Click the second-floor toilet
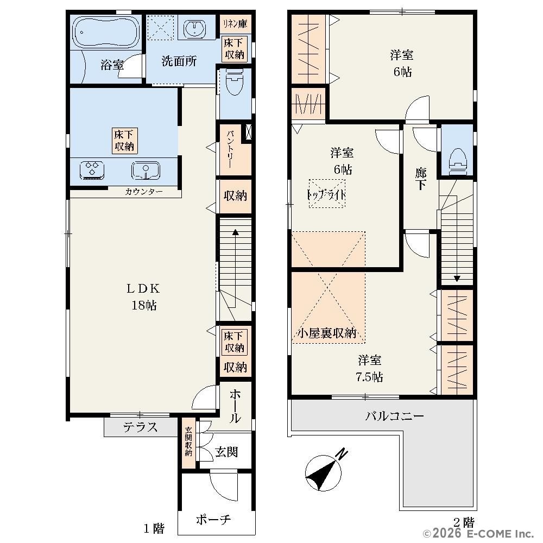[458, 162]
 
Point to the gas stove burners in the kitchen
[92, 170]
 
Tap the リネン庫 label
[235, 24]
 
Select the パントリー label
[231, 149]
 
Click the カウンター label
[144, 192]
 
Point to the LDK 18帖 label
[143, 297]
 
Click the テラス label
[140, 427]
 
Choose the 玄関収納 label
[188, 441]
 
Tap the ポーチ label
[213, 519]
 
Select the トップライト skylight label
[326, 194]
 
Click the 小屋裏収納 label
[327, 333]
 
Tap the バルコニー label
[394, 415]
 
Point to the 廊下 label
[421, 179]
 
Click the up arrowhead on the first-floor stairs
[235, 232]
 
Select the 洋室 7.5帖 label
[369, 368]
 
